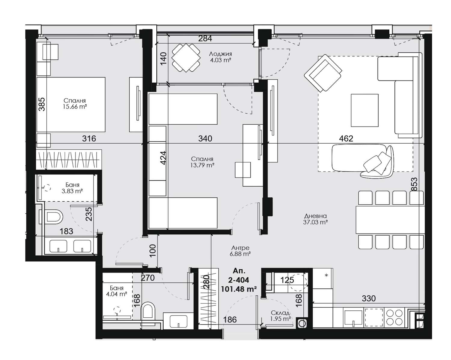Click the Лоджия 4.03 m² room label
[x=220, y=57]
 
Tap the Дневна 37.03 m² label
[x=315, y=219]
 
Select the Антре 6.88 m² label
[x=240, y=251]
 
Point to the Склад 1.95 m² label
[x=281, y=316]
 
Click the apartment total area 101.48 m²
[x=239, y=289]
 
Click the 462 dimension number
[x=346, y=139]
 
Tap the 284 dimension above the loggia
[x=205, y=38]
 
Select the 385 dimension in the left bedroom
[x=42, y=104]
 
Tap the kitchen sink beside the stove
[x=353, y=318]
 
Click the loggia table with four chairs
[x=186, y=58]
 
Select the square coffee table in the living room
[x=365, y=110]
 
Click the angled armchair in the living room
[x=323, y=73]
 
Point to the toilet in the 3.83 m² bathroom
[x=51, y=217]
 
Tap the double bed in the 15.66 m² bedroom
[x=71, y=105]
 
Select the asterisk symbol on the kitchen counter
[x=326, y=276]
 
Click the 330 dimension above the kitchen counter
[x=369, y=298]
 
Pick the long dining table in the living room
[x=390, y=220]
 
